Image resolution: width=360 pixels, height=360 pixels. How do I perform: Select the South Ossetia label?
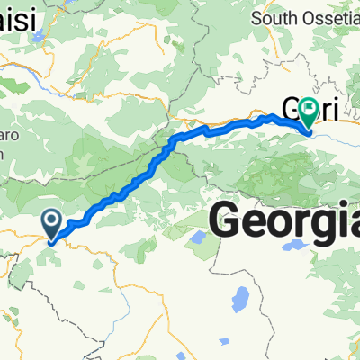click(305, 17)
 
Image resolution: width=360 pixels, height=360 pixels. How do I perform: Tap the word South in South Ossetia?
click(278, 17)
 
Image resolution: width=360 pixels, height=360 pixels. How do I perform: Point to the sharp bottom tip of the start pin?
click(52, 240)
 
